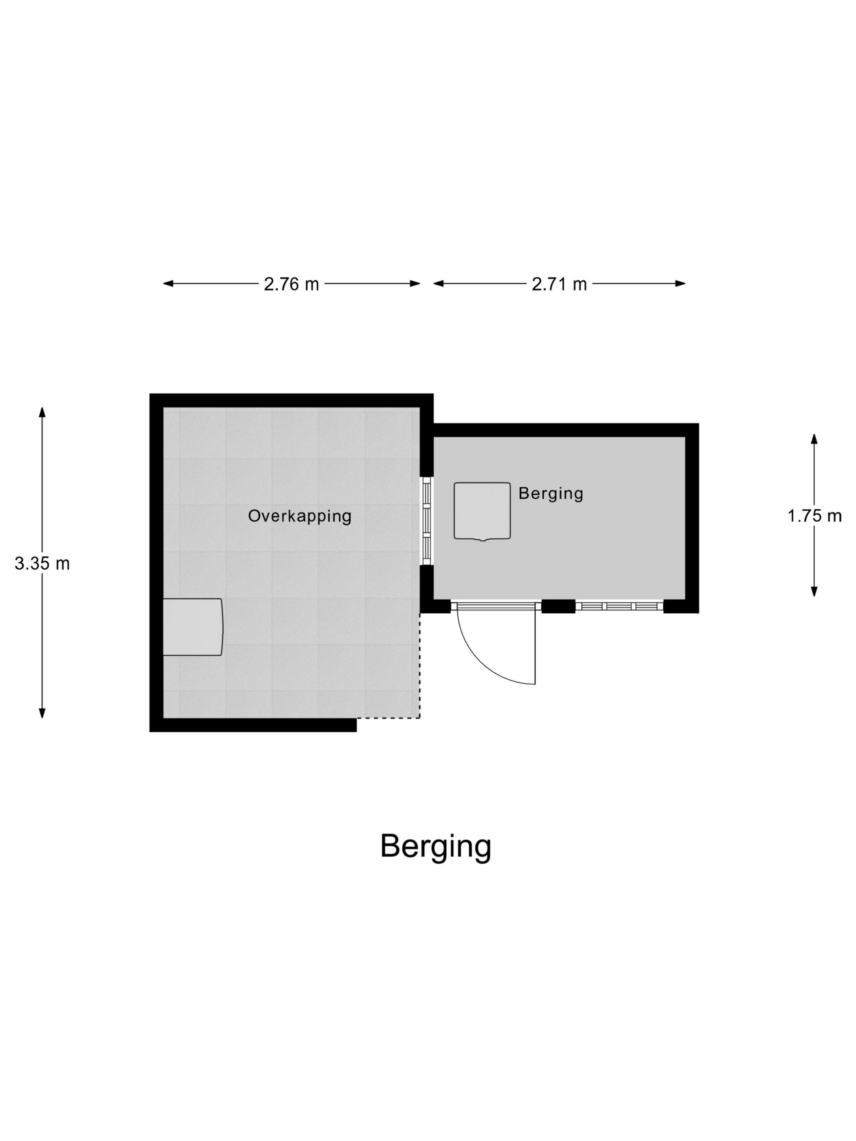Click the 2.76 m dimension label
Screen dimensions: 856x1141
click(x=291, y=284)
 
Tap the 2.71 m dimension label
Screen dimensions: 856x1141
click(x=559, y=284)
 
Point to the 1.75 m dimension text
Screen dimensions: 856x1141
click(x=814, y=516)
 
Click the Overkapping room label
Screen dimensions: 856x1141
click(x=300, y=516)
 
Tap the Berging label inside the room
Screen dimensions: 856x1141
click(x=551, y=493)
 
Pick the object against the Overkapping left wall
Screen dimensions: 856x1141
click(x=193, y=627)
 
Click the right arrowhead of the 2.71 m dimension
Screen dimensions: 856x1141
click(x=680, y=283)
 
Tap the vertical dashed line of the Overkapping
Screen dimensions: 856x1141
click(x=420, y=665)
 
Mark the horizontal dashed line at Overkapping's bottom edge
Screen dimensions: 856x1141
click(x=388, y=718)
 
